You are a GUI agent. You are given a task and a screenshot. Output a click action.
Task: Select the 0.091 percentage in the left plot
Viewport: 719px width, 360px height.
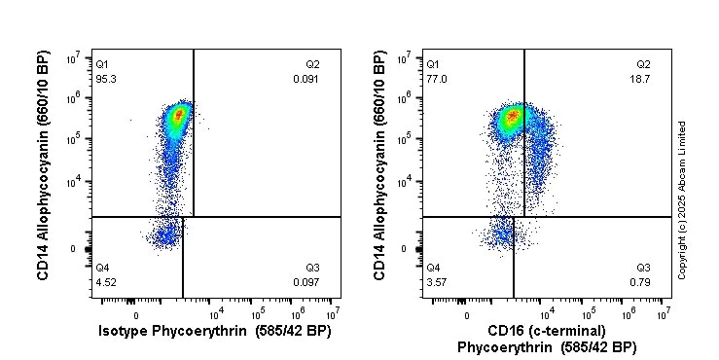pos(306,79)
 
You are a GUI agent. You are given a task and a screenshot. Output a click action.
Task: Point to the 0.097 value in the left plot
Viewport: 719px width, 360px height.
pos(306,283)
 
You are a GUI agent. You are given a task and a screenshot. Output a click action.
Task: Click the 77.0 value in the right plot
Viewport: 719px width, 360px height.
pos(434,79)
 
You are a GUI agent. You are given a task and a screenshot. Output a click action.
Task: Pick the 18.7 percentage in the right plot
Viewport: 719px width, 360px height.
pos(641,79)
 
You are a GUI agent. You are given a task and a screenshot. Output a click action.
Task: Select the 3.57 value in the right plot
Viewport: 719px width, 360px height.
pos(434,283)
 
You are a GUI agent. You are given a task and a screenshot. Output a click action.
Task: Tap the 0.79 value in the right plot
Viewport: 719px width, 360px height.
pos(643,283)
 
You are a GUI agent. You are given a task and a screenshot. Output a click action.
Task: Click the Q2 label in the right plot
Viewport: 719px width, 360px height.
pos(643,64)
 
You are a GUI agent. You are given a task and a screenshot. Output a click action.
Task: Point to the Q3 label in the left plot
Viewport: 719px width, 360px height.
pos(312,268)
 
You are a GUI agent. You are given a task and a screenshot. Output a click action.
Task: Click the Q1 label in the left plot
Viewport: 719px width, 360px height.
pos(101,64)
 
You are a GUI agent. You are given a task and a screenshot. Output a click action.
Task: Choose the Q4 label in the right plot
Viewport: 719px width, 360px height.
pos(433,268)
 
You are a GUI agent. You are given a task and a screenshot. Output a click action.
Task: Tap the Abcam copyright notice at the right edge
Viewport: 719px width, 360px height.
pos(682,199)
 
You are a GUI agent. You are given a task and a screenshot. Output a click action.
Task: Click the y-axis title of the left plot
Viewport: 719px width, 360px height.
pos(44,166)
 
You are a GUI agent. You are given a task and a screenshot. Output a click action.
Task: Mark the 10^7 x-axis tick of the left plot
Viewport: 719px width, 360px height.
pos(332,313)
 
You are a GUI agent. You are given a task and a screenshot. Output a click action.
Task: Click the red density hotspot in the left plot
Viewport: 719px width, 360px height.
pos(177,116)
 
